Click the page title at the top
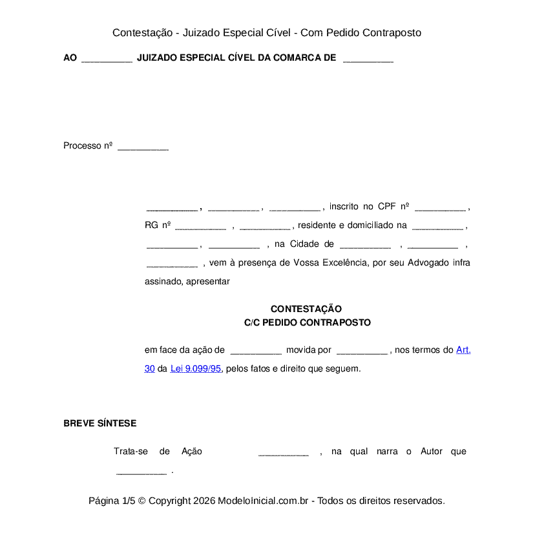pos(267,32)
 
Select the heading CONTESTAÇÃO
pos(306,309)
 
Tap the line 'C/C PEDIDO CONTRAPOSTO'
pos(308,322)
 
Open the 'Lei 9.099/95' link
pos(196,368)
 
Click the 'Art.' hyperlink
pos(463,350)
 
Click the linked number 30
pos(149,368)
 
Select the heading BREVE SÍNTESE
pos(100,423)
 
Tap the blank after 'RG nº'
pos(200,227)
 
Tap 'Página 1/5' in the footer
pos(112,501)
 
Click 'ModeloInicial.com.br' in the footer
pos(264,501)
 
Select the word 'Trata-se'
pos(131,451)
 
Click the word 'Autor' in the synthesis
pos(432,451)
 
